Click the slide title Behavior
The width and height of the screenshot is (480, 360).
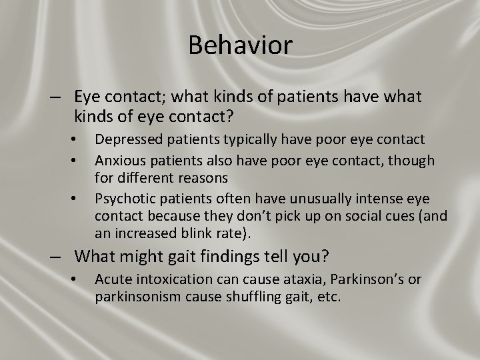(240, 45)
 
